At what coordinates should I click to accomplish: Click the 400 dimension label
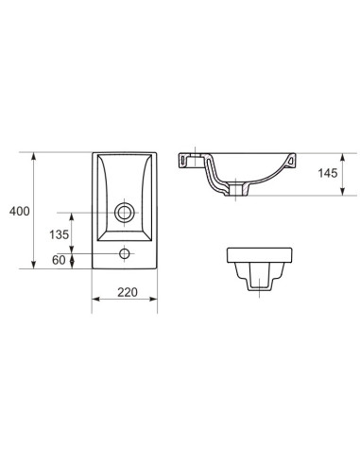click(x=20, y=211)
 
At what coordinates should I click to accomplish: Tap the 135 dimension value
click(x=59, y=234)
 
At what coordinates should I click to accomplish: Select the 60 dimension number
click(x=59, y=260)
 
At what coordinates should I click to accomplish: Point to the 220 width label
click(x=128, y=292)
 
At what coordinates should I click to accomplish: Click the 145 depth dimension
click(x=328, y=173)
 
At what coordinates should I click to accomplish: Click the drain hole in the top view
click(x=125, y=213)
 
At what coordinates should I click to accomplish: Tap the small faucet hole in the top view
click(x=125, y=253)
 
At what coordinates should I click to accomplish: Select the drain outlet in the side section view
click(x=236, y=190)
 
